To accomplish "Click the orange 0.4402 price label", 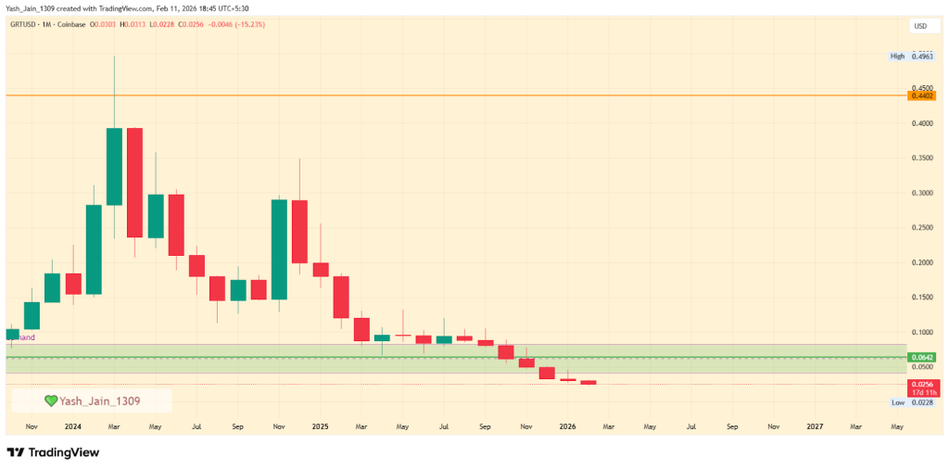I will (x=922, y=95).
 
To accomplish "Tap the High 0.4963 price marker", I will (x=922, y=57).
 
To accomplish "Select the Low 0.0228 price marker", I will (x=922, y=402).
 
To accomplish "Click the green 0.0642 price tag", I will (x=922, y=357).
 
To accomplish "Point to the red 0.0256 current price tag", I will (x=922, y=384).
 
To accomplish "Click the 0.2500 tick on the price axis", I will (x=922, y=228).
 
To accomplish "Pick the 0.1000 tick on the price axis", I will (x=922, y=332).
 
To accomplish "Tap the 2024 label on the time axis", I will (x=73, y=427).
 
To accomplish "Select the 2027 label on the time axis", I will (x=814, y=427).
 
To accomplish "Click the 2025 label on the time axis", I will (x=320, y=427).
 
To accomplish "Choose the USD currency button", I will (x=920, y=26).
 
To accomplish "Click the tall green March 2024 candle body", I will (x=114, y=167).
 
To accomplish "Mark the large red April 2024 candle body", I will (x=134, y=183).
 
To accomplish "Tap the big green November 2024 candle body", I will (x=279, y=249).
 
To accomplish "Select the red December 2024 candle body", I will (x=299, y=232).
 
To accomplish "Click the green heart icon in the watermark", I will (x=51, y=400).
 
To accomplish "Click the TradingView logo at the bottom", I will (x=53, y=452).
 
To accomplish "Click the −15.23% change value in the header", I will (x=246, y=24).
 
